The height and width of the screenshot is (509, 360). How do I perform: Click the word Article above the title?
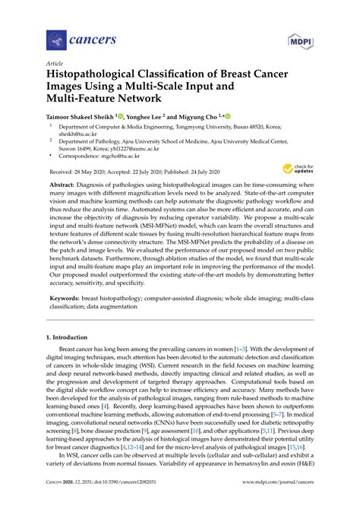pos(55,65)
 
